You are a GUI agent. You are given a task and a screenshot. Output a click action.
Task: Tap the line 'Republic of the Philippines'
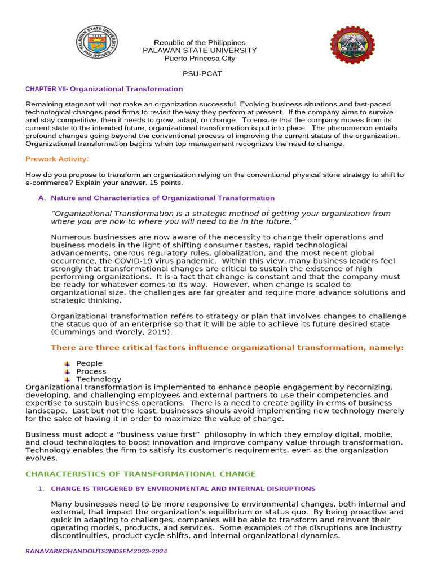click(x=200, y=43)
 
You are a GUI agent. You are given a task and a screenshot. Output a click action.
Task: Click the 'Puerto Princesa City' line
click(x=200, y=59)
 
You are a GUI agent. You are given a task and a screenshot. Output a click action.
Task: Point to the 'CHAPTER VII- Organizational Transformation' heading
click(x=104, y=89)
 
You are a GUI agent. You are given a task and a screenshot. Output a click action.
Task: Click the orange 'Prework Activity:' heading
click(x=57, y=159)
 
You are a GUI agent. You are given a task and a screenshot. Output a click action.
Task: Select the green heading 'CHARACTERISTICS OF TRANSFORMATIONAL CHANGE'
click(x=140, y=474)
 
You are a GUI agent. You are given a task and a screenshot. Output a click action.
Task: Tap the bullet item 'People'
click(x=89, y=363)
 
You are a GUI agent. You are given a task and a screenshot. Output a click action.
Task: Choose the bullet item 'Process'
click(x=91, y=371)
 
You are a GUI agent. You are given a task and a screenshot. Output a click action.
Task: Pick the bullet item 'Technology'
click(x=99, y=379)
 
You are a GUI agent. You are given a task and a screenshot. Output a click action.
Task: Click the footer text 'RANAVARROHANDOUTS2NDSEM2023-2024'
click(x=96, y=551)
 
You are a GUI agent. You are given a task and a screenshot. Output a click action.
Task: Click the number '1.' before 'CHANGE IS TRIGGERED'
click(x=41, y=489)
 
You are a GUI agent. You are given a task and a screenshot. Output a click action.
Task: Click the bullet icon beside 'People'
click(x=67, y=363)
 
